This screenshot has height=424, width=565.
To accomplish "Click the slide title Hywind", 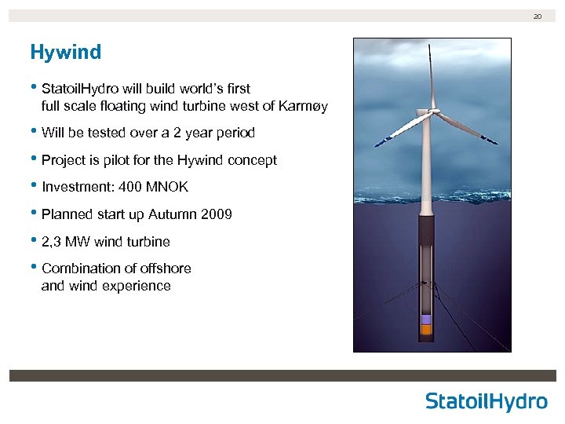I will coord(65,53).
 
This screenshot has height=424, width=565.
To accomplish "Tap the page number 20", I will coord(538,16).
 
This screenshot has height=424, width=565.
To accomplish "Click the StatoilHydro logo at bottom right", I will coord(487,401).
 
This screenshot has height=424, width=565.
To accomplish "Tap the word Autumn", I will coord(172,214).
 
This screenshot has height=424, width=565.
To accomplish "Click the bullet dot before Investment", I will coord(34,186).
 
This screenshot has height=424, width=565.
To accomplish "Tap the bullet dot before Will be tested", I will coord(34,132).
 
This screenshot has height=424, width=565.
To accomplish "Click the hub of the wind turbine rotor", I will coord(430,114).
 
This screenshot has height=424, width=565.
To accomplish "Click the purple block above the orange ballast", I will coord(426,320).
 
